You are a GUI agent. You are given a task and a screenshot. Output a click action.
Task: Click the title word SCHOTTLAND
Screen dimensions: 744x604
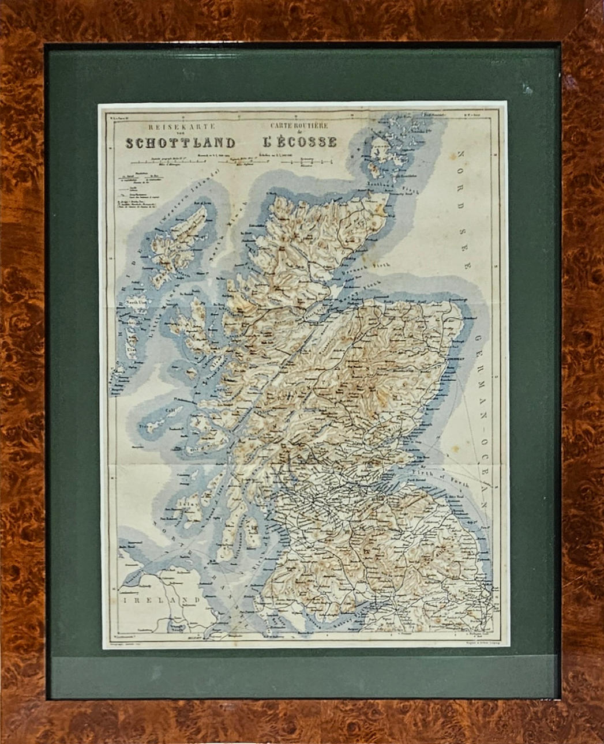click(181, 143)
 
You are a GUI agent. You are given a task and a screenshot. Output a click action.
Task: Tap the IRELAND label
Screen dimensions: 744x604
click(160, 600)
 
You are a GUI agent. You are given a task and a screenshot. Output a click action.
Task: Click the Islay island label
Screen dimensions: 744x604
click(183, 503)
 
